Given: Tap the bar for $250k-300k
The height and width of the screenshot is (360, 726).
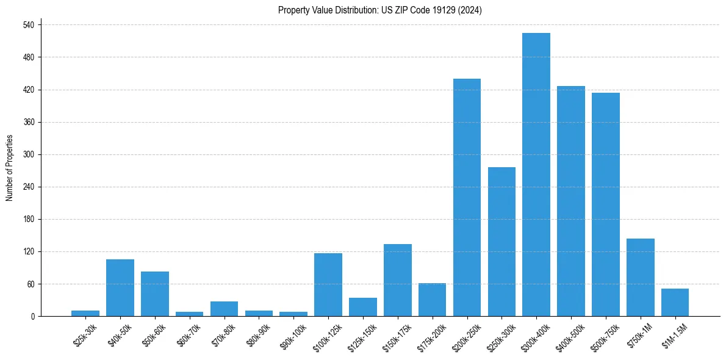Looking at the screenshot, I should click(x=501, y=242).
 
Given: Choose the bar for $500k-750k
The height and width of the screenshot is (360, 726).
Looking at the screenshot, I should click(x=606, y=204).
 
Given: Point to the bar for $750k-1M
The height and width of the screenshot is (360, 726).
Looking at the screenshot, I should click(x=641, y=277).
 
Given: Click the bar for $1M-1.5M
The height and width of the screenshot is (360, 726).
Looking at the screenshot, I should click(x=675, y=302).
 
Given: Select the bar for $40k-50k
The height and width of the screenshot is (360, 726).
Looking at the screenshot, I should click(x=120, y=287).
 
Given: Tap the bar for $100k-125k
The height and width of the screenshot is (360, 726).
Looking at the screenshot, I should click(x=328, y=284).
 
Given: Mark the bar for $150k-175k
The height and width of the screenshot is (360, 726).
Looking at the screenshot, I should click(x=398, y=280).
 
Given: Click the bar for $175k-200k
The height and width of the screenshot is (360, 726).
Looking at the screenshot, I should click(x=432, y=300).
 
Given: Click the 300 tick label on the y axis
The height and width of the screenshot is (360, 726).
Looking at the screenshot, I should click(x=28, y=154).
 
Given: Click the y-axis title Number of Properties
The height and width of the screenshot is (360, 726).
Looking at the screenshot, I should click(x=9, y=167).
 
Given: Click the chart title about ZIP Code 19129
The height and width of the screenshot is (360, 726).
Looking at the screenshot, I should click(x=380, y=10).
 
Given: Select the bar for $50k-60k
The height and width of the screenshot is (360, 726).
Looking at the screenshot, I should click(x=155, y=293).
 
